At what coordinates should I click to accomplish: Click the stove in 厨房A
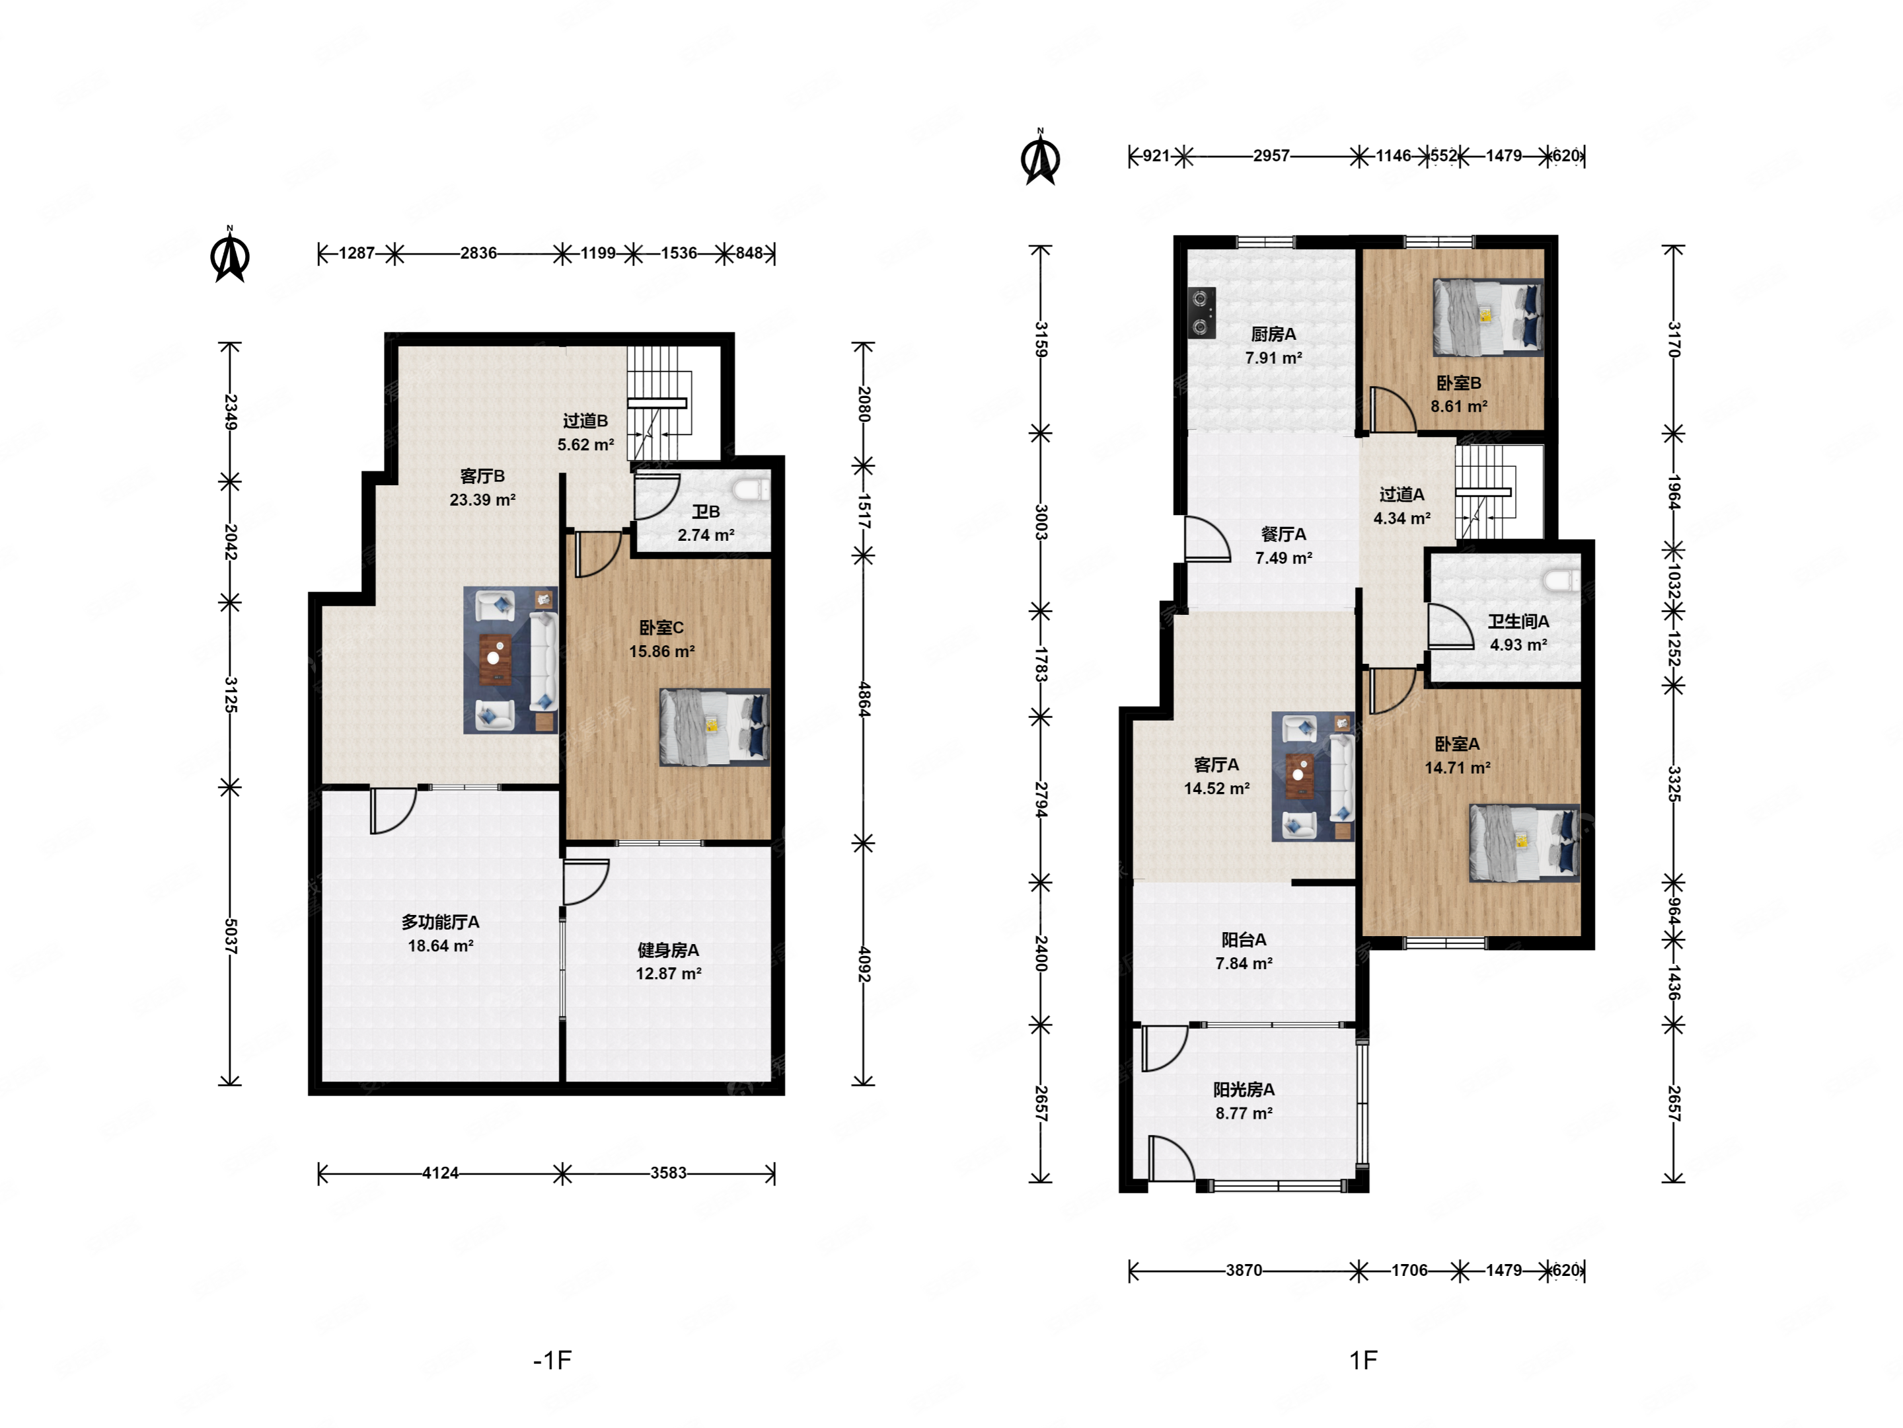(x=1202, y=311)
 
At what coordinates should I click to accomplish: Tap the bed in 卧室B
(x=1487, y=317)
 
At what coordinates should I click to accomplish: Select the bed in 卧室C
(x=714, y=727)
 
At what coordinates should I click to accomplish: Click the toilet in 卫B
(x=751, y=489)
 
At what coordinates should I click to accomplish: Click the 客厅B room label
(x=482, y=476)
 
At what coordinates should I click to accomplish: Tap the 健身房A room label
(x=669, y=950)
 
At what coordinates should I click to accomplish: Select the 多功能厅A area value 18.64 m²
(x=441, y=946)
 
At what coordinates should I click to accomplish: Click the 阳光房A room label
(x=1244, y=1090)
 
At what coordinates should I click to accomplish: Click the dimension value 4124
(x=441, y=1173)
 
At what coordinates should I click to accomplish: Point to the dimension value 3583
(x=669, y=1173)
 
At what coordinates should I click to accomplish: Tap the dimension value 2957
(x=1271, y=156)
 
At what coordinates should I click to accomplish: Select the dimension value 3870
(x=1244, y=1271)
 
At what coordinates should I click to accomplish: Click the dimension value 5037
(x=231, y=935)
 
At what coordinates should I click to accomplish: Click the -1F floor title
(x=552, y=1360)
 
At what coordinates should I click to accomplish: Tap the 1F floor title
(x=1364, y=1360)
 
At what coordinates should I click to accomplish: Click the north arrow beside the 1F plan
(x=1040, y=157)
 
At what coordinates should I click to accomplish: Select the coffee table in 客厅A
(x=1299, y=776)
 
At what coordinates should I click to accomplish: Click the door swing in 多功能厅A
(x=393, y=811)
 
